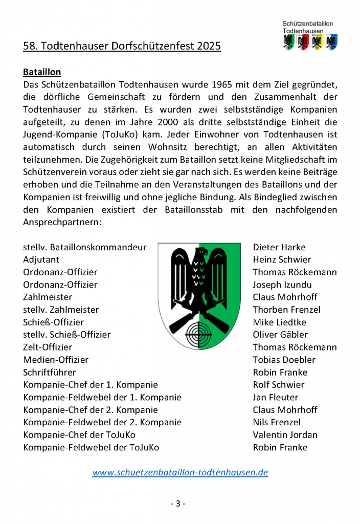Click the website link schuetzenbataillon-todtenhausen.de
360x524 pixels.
click(180, 472)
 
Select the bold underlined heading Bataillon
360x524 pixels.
click(42, 72)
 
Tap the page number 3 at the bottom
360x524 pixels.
click(178, 503)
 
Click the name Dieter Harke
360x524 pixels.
click(279, 247)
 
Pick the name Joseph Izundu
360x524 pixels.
click(282, 285)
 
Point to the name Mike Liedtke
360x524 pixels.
click(280, 322)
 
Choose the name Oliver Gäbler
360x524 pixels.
click(280, 335)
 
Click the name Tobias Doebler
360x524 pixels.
click(284, 360)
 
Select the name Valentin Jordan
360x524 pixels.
click(285, 435)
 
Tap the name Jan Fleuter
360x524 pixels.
click(275, 397)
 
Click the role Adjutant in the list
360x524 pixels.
click(41, 260)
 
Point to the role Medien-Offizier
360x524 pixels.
click(56, 360)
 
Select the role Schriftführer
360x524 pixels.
click(50, 372)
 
